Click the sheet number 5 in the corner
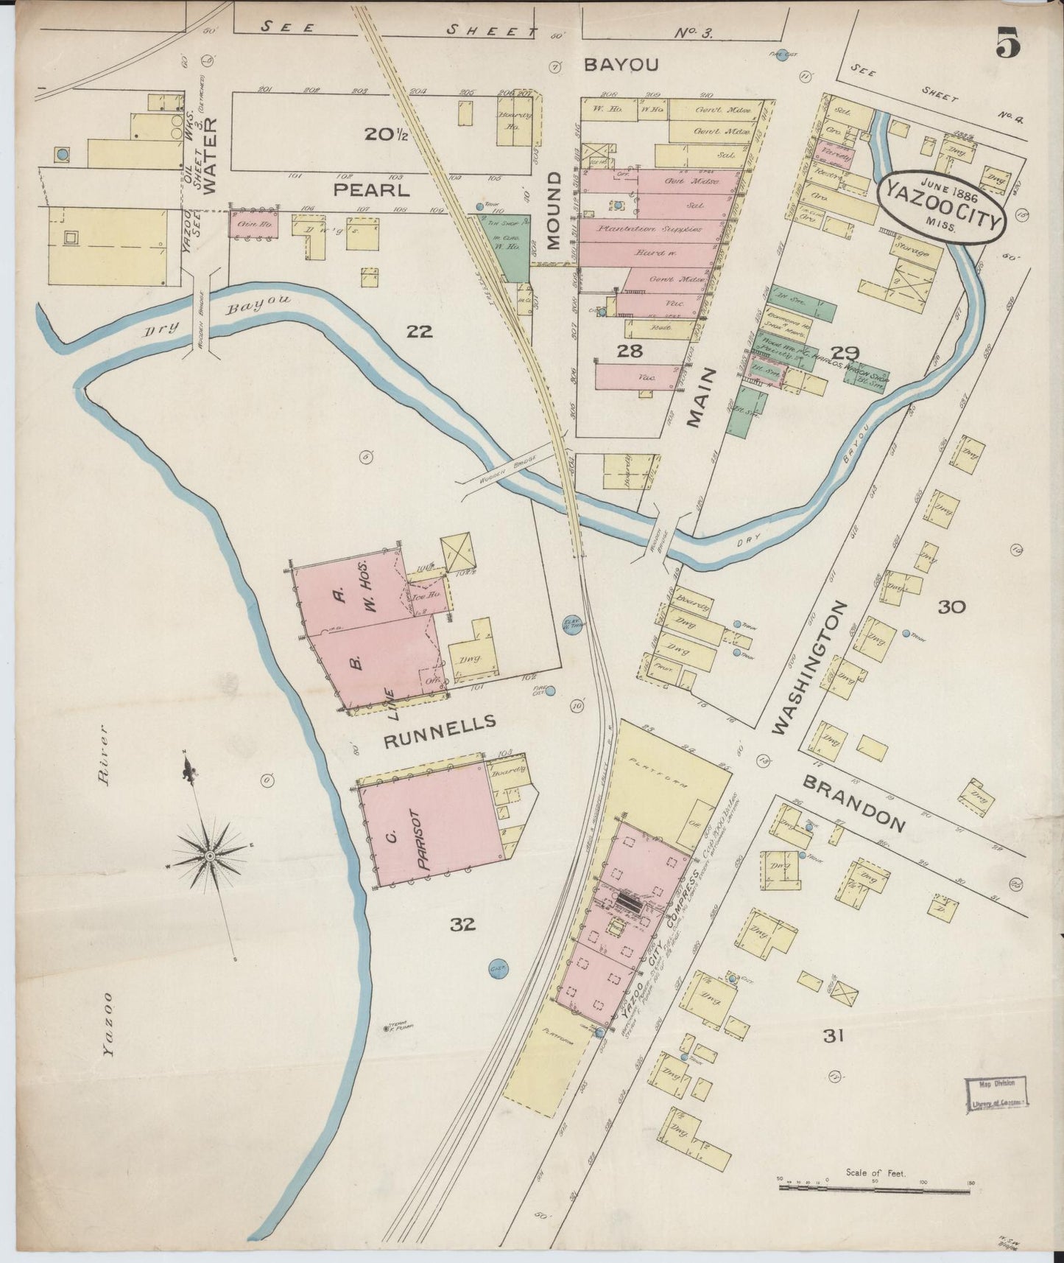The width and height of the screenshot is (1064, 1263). (x=1007, y=43)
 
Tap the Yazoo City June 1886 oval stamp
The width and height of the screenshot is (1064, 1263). (x=942, y=203)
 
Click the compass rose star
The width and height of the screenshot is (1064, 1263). (x=210, y=855)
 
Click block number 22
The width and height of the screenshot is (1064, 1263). (x=419, y=332)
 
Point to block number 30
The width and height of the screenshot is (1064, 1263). (x=951, y=606)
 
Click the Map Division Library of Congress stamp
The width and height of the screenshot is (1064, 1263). (x=996, y=1092)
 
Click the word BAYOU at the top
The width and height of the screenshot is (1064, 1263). (x=620, y=65)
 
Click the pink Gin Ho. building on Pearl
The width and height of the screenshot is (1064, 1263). (x=253, y=224)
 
